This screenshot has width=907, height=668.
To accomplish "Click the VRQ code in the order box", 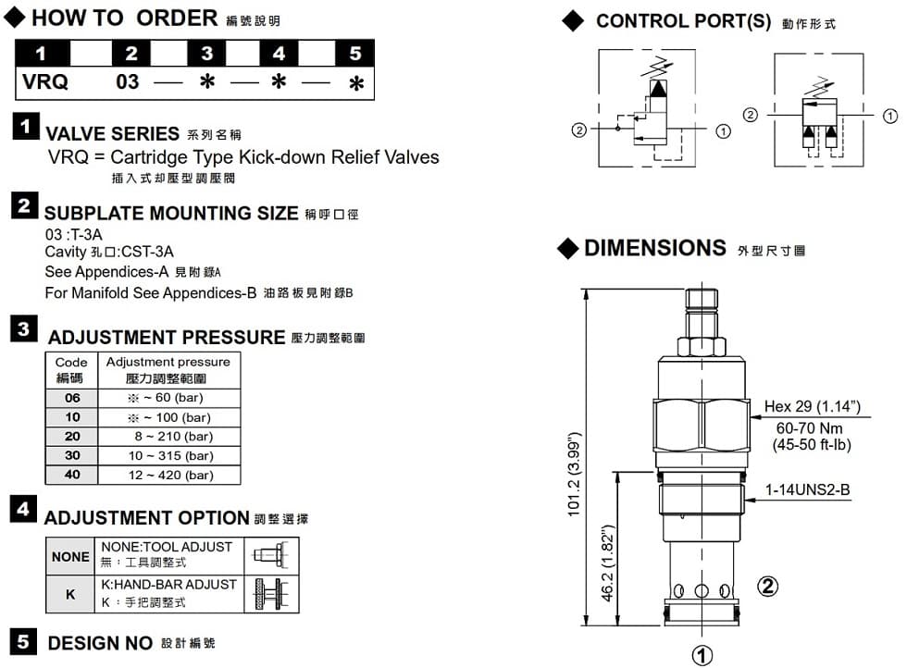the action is [45, 81].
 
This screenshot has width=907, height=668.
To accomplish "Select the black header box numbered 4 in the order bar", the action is [279, 54].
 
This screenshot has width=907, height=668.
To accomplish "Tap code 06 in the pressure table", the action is [72, 398].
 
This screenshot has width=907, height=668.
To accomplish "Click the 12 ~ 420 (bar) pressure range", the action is [170, 475].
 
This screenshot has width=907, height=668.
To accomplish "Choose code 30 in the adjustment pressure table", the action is [72, 455].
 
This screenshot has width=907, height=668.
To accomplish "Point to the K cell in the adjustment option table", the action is [70, 594].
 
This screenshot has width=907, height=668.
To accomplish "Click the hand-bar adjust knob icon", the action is [271, 594].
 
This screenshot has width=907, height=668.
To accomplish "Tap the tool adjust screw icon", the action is [270, 556].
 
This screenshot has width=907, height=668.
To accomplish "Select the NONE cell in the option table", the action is [70, 556].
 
